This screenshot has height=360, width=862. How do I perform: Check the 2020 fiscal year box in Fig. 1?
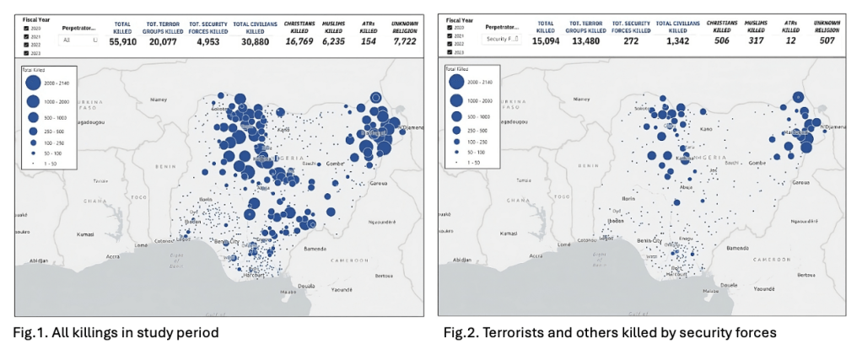point(27,28)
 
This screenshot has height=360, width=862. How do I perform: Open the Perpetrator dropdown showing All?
point(79,40)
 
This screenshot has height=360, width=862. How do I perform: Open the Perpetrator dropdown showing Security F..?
point(501,40)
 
